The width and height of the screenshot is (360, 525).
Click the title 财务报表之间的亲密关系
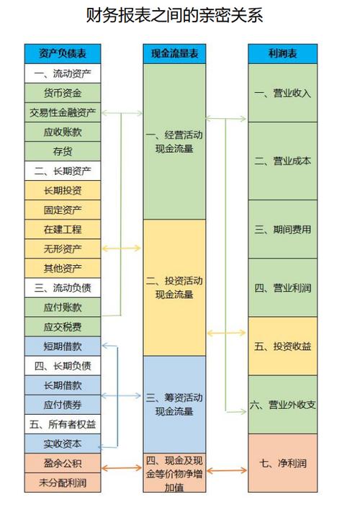tap(174, 15)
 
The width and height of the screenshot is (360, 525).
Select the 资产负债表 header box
tap(63, 53)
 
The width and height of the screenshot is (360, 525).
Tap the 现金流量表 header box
tap(174, 53)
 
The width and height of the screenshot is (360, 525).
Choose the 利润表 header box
tap(283, 53)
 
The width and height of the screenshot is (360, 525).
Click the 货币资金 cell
tap(63, 93)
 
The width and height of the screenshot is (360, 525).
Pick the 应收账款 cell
tap(63, 132)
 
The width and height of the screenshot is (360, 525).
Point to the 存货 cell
tap(63, 151)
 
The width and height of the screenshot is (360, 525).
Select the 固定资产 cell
tap(63, 210)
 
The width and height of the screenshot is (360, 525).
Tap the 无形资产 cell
tap(63, 248)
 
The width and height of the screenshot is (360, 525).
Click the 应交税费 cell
tap(63, 327)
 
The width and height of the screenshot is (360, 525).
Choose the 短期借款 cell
tap(63, 346)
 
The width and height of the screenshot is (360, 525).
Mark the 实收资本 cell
tap(63, 444)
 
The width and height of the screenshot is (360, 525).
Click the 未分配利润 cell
tap(63, 483)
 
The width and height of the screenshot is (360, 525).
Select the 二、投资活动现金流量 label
tap(174, 287)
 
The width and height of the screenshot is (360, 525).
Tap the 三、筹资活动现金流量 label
tap(174, 405)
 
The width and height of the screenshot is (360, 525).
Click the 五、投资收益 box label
tap(283, 346)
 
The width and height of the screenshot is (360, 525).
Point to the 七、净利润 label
tap(283, 463)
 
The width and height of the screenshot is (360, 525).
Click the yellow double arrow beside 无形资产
tap(121, 248)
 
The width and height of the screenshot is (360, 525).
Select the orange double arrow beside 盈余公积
tap(122, 467)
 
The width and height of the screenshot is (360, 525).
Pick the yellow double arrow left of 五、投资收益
tap(227, 333)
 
